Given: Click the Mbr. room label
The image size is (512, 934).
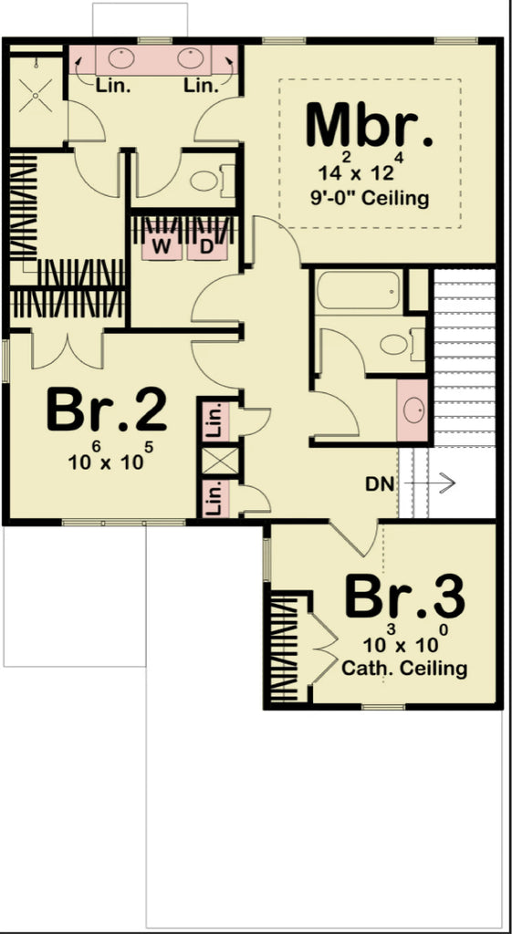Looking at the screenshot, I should pos(370,126).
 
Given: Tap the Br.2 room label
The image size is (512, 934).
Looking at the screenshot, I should pos(107,411).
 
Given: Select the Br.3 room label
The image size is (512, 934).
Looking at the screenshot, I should pos(404,598).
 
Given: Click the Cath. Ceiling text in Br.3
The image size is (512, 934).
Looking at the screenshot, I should pos(404,669).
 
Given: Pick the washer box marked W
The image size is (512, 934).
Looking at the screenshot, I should pos(161,246).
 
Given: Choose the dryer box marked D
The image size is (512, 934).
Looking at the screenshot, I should pos(205,246).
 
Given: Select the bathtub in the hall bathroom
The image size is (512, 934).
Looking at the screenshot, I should pos(358,291).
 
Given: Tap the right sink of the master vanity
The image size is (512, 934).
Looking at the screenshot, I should pos(190,60).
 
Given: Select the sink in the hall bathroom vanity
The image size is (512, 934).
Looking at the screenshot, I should pos(413,410).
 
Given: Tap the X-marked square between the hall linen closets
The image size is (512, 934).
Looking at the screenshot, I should pos(218,461).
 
